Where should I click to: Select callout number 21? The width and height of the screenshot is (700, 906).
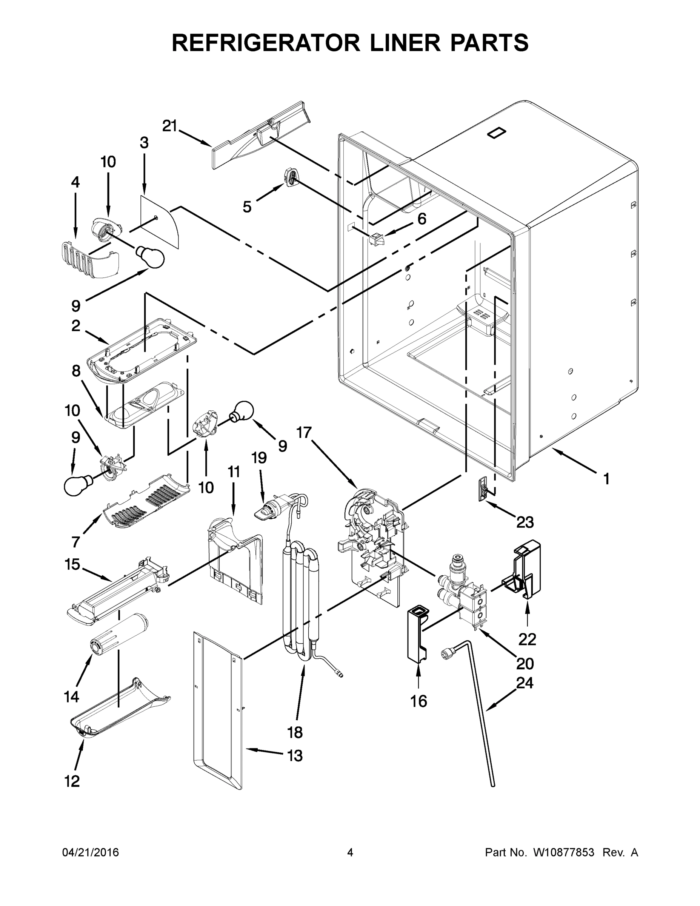(169, 126)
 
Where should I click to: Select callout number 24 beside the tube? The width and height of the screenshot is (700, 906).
(524, 683)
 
